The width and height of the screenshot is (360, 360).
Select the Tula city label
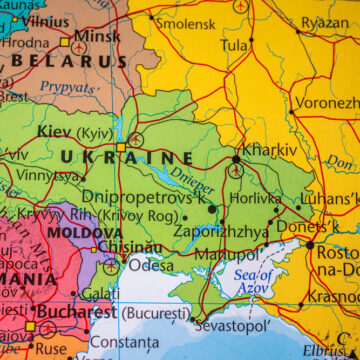[x=235, y=46]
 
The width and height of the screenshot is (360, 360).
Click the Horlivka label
[x=283, y=199]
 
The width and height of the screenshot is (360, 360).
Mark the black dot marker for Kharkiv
[x=236, y=158]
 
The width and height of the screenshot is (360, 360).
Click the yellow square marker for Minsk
[x=66, y=42]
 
